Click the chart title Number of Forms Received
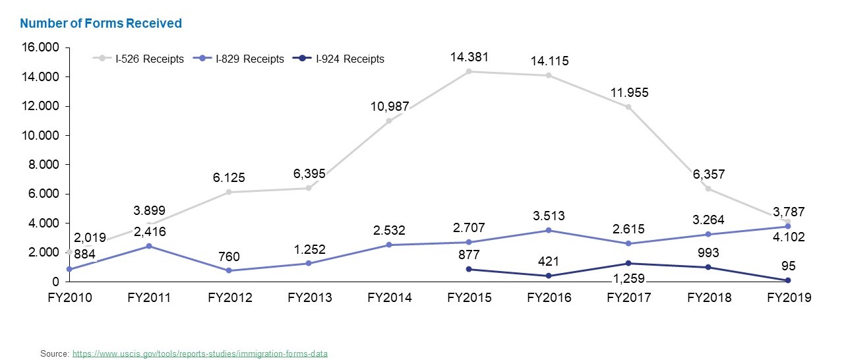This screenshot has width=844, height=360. click(101, 24)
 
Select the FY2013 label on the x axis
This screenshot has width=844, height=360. click(310, 298)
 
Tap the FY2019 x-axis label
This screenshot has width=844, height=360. click(789, 298)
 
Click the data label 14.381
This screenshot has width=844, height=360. click(469, 57)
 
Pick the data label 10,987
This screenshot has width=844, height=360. click(389, 106)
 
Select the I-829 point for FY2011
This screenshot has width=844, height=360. click(150, 246)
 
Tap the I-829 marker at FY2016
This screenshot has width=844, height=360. click(549, 230)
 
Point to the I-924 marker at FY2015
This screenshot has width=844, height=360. click(469, 269)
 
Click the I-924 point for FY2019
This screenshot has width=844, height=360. click(789, 280)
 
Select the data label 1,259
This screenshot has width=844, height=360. click(629, 280)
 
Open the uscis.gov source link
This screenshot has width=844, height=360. click(200, 354)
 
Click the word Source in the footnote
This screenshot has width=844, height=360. click(53, 354)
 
